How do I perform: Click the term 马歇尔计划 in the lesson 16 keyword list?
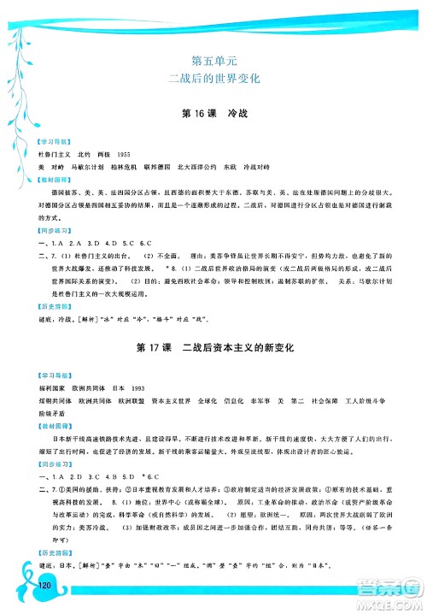click(89, 166)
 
